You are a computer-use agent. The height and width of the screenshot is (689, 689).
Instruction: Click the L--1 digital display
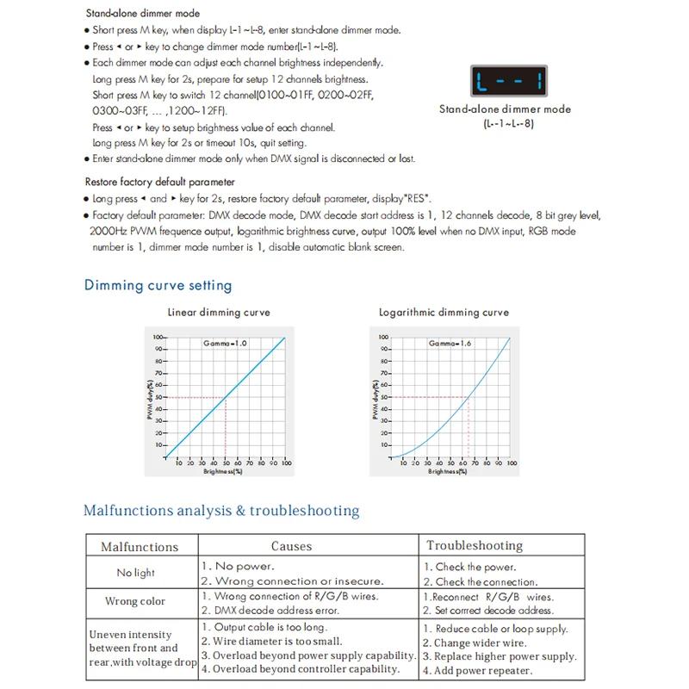click(506, 84)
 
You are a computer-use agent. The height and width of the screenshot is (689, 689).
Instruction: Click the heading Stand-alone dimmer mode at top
click(142, 14)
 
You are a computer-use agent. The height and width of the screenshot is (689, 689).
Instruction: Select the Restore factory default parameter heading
click(159, 182)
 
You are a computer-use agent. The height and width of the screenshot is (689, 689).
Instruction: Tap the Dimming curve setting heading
click(158, 285)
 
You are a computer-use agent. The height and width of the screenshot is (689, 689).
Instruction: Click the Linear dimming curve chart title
click(219, 313)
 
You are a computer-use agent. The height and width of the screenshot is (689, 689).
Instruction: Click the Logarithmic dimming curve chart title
click(444, 313)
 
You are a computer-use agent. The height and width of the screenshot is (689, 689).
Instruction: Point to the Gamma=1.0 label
click(225, 344)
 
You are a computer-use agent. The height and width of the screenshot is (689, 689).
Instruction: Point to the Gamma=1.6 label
click(450, 344)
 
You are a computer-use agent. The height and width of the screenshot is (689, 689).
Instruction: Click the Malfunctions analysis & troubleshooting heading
click(221, 511)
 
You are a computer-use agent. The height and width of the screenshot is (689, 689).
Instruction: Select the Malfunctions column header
click(140, 547)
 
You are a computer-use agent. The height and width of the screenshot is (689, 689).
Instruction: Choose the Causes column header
click(292, 546)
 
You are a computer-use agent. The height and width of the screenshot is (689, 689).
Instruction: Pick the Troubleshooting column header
click(475, 545)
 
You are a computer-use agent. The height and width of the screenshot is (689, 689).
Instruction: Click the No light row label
click(136, 573)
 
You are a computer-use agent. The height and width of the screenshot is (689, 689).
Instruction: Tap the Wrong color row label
click(135, 601)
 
